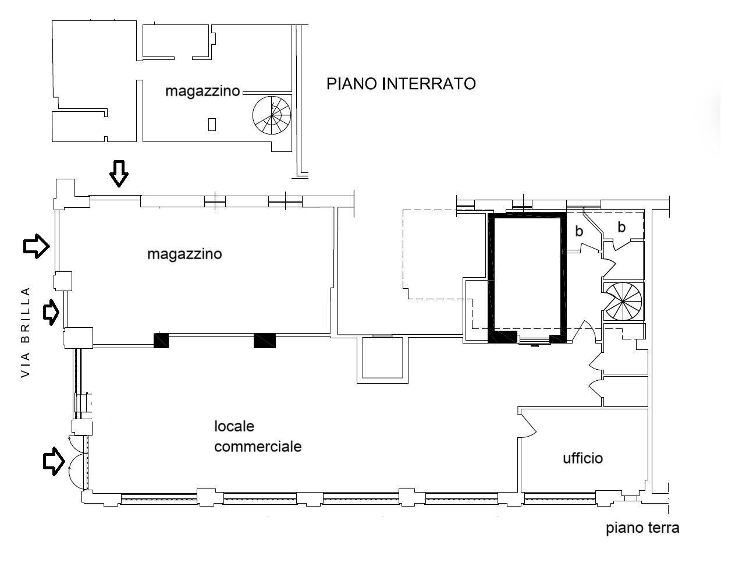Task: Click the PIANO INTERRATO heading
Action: pyautogui.click(x=400, y=84)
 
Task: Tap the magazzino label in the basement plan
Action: pyautogui.click(x=202, y=91)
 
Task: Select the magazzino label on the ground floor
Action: pyautogui.click(x=184, y=254)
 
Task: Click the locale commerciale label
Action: pyautogui.click(x=257, y=437)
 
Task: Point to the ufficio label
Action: pyautogui.click(x=582, y=458)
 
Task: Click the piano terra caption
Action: pyautogui.click(x=642, y=529)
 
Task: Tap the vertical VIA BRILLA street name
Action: pyautogui.click(x=25, y=333)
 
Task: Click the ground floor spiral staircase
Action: pyautogui.click(x=623, y=302)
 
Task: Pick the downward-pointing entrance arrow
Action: pyautogui.click(x=119, y=174)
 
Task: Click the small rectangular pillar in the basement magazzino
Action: pyautogui.click(x=212, y=124)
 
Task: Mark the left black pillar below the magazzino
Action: pyautogui.click(x=161, y=341)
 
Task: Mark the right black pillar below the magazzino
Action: pyautogui.click(x=264, y=341)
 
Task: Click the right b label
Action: pyautogui.click(x=621, y=228)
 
